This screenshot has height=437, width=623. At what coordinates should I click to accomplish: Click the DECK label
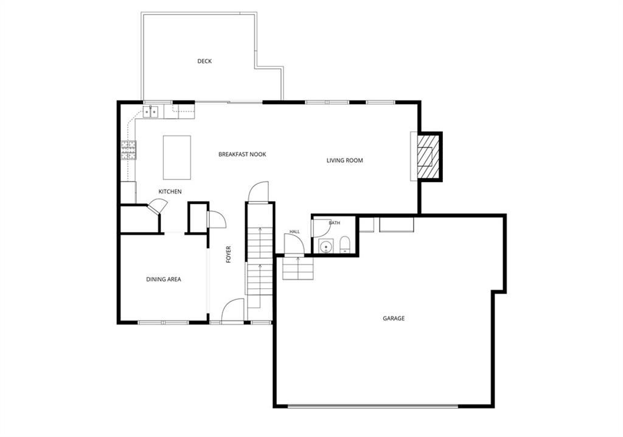(204, 62)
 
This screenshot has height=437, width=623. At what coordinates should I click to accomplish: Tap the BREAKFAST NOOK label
(242, 154)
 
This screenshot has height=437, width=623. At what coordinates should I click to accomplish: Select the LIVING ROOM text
(345, 161)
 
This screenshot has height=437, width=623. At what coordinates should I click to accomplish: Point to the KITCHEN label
(170, 192)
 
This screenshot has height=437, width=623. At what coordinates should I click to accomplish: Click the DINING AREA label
(164, 279)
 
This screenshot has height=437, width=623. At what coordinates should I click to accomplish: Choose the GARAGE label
(394, 318)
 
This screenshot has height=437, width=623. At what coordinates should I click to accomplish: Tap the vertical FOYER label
(229, 254)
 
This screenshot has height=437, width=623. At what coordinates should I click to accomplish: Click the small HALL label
(295, 232)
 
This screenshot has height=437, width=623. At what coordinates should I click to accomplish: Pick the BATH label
(335, 223)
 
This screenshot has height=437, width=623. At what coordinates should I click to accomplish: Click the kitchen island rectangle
(177, 158)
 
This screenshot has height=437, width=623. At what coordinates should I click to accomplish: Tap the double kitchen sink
(151, 112)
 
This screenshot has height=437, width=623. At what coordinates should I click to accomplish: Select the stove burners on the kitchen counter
(129, 150)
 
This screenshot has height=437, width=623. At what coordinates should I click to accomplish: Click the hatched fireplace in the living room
(428, 157)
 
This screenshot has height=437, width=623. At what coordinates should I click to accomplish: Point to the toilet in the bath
(345, 245)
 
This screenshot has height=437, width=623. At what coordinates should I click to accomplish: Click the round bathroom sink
(326, 246)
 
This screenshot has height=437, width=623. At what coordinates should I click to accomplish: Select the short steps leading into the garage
(298, 268)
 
